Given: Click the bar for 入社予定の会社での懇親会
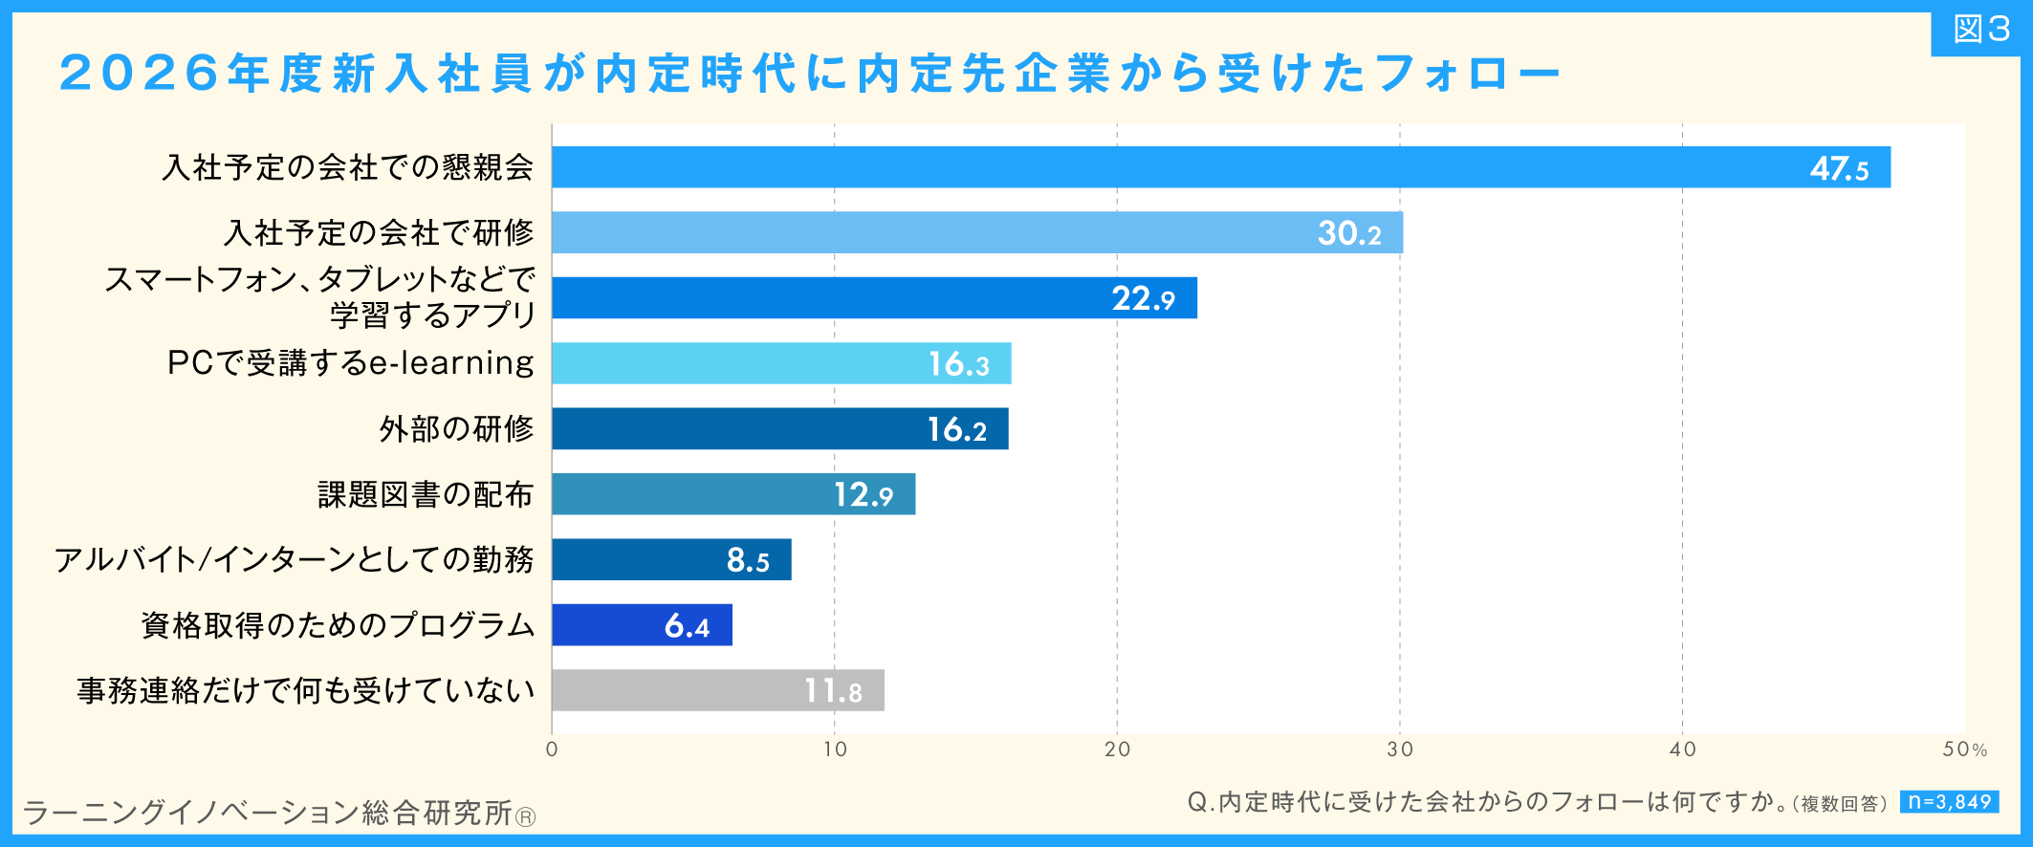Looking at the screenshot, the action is (1221, 167).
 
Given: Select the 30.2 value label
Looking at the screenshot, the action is (1349, 233).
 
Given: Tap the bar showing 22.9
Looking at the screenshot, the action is (874, 298).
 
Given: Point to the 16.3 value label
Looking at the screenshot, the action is (959, 364).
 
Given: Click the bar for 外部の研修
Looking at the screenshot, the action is (779, 428).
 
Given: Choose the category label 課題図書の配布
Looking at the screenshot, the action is (426, 494).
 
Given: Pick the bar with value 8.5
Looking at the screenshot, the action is (671, 559).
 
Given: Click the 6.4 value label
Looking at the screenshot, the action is (687, 626).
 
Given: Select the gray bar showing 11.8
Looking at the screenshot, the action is (717, 690).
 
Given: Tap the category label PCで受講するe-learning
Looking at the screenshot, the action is (350, 363).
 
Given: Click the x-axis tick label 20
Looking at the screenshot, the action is (1117, 749).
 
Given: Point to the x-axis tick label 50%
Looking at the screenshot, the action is (1965, 749).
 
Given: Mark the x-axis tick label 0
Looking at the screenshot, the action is (552, 749).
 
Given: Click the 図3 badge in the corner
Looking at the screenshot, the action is (1981, 30).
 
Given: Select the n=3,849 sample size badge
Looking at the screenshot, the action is (1950, 802).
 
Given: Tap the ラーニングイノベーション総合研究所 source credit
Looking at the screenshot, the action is (278, 814).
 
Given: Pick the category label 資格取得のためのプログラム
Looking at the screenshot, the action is (338, 625).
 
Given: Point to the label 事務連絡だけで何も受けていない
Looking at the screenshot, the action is (305, 690).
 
